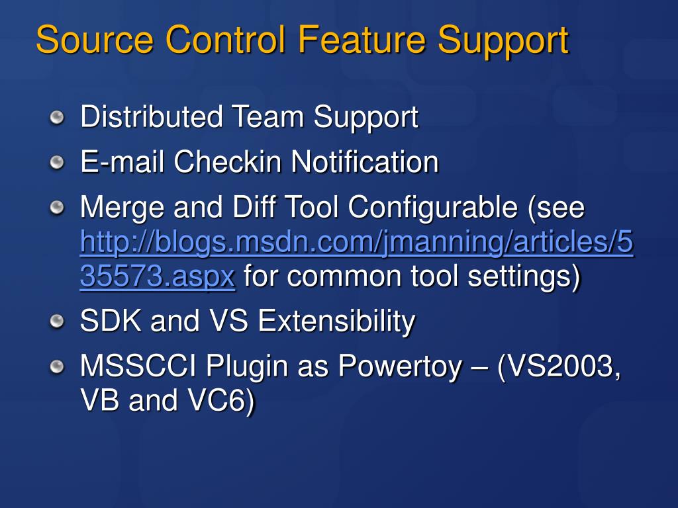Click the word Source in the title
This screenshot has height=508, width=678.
pyautogui.click(x=94, y=40)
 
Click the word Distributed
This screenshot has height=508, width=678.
pyautogui.click(x=152, y=117)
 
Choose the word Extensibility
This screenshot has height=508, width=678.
pyautogui.click(x=336, y=322)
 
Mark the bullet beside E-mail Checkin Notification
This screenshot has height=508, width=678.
pyautogui.click(x=58, y=162)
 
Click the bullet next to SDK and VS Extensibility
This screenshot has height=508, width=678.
pyautogui.click(x=58, y=322)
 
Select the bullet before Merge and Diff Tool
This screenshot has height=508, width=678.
pyautogui.click(x=58, y=208)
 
